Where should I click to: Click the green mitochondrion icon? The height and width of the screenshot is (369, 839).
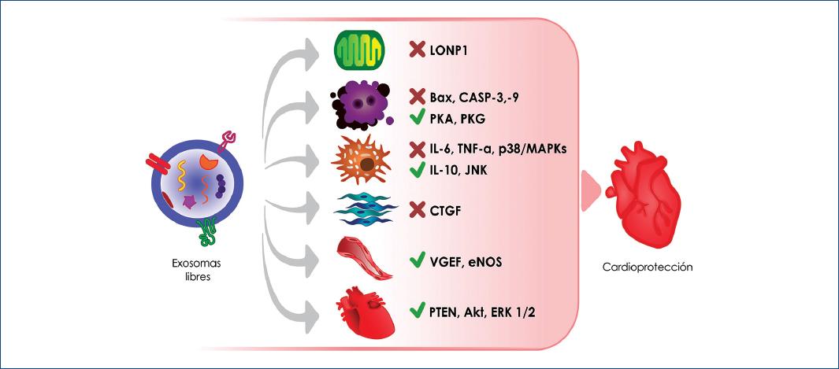pyautogui.click(x=359, y=51)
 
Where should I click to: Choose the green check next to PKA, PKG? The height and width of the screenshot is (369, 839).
pyautogui.click(x=418, y=119)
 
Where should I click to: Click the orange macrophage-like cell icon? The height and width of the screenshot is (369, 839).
pyautogui.click(x=363, y=161)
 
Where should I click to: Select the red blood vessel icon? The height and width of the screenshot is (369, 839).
pyautogui.click(x=363, y=259)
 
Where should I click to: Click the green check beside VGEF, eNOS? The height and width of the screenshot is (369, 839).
pyautogui.click(x=418, y=260)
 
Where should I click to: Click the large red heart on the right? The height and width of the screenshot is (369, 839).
pyautogui.click(x=643, y=191)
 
